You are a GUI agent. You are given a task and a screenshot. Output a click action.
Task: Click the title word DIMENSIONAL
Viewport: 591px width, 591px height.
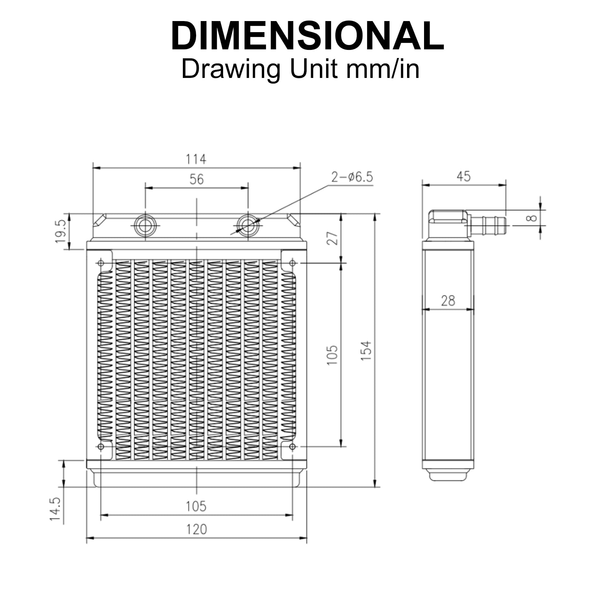[x=307, y=36]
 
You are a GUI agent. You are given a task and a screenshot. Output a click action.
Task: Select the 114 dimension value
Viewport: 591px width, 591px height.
[x=196, y=159]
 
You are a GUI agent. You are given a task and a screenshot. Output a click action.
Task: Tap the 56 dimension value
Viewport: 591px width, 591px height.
[x=197, y=180]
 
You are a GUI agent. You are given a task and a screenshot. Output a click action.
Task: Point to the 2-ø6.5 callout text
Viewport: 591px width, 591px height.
[x=352, y=177]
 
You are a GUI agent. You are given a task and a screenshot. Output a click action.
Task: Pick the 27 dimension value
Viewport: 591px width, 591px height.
[x=332, y=238]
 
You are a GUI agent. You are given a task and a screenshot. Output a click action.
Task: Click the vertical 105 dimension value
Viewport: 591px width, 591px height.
[x=332, y=355]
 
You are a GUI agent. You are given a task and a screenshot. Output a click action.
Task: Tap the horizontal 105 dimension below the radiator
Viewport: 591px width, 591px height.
[x=196, y=506]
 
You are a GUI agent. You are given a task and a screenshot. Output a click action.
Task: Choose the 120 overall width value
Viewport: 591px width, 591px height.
[x=197, y=529]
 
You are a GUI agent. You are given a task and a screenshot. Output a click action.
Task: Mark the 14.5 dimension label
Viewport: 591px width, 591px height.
[x=55, y=509]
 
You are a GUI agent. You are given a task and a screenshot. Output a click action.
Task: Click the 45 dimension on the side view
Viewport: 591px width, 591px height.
[x=464, y=177]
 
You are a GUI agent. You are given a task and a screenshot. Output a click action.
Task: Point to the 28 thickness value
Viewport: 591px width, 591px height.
[x=448, y=301]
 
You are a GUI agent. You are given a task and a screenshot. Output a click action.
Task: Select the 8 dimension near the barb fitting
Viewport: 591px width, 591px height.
[x=532, y=218]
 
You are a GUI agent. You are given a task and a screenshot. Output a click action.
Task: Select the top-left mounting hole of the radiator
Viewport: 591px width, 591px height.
[x=100, y=263]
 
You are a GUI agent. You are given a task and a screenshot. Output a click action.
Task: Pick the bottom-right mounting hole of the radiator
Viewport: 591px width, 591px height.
[x=292, y=447]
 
